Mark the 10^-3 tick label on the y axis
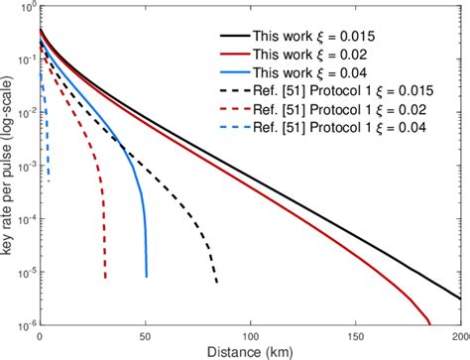coord(22,165)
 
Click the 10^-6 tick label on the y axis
coord(22,323)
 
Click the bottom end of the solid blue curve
coord(146,277)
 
